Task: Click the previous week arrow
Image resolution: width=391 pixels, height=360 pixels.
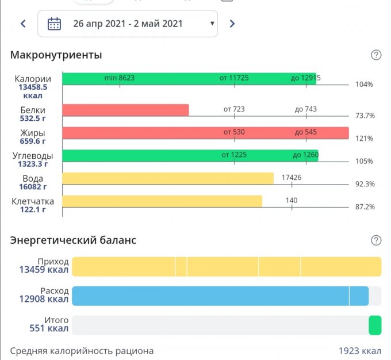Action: click(x=23, y=24)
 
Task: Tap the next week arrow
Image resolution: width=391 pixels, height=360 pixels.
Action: click(x=232, y=24)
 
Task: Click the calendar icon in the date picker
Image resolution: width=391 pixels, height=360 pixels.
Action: click(x=54, y=24)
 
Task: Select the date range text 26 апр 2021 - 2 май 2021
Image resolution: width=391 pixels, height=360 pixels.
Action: click(x=128, y=24)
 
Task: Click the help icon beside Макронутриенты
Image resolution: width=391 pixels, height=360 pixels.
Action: click(x=376, y=55)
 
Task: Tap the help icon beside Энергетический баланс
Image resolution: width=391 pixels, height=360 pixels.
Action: click(x=376, y=240)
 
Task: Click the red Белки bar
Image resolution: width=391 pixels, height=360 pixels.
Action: click(x=125, y=110)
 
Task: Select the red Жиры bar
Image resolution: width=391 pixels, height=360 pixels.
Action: click(x=205, y=133)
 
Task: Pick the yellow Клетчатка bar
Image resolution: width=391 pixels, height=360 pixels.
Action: click(x=162, y=201)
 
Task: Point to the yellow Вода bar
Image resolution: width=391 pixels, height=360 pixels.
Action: click(x=168, y=178)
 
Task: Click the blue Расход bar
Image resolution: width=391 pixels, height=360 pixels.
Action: click(x=220, y=296)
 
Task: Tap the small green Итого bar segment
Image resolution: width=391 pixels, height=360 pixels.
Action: click(x=375, y=325)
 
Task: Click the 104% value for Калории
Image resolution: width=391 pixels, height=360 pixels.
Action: click(x=365, y=85)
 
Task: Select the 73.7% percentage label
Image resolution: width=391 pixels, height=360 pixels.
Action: click(x=365, y=116)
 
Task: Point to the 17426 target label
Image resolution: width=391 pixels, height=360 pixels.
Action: click(x=292, y=178)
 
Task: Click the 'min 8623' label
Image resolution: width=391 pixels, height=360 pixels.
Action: click(x=120, y=78)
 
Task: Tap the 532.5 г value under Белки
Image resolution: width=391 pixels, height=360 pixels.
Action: click(x=33, y=118)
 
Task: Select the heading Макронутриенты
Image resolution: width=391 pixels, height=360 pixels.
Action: click(x=56, y=55)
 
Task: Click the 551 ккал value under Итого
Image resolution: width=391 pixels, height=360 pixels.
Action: click(x=49, y=329)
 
